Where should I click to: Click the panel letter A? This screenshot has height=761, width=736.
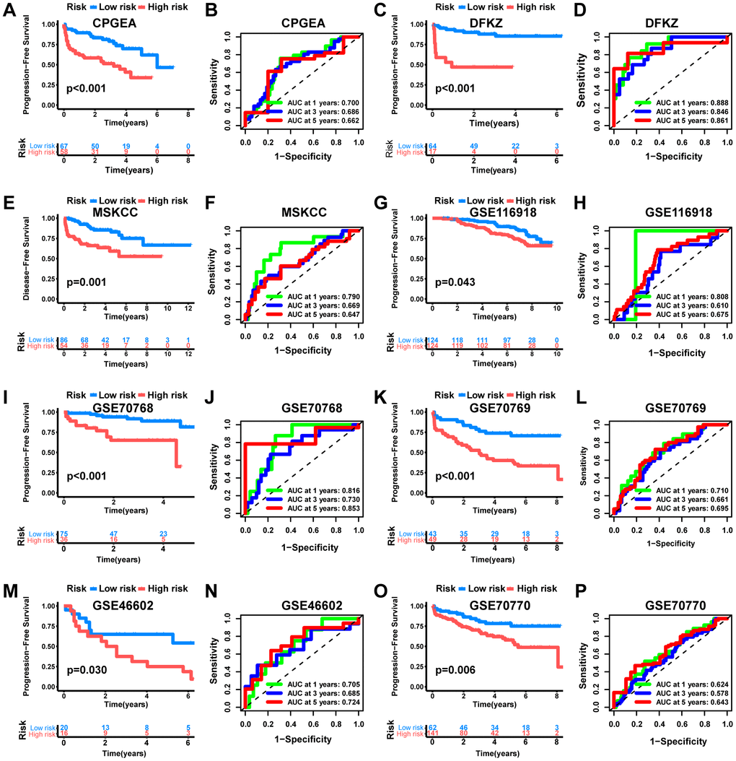9,10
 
